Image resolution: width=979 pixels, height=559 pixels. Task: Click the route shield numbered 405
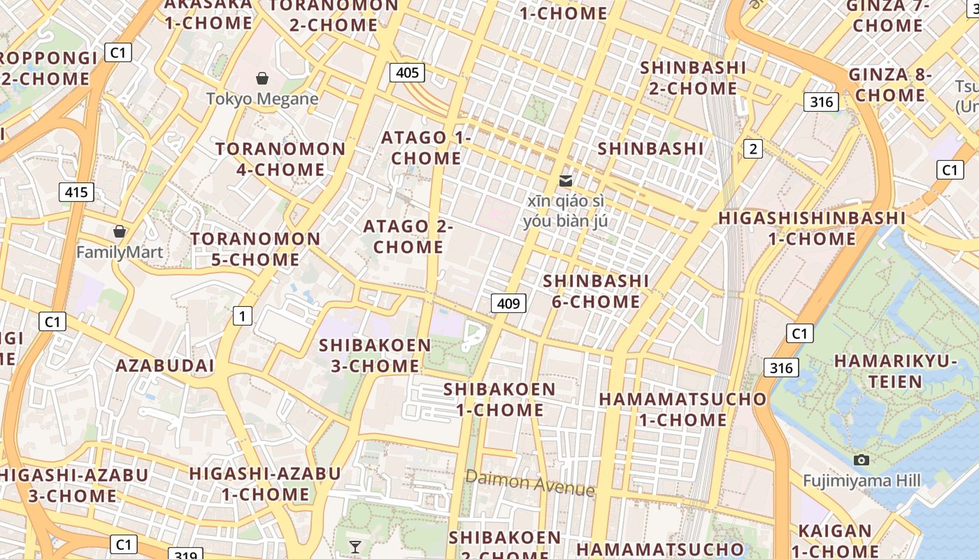coord(407,72)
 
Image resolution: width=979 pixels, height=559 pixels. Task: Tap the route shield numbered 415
coord(76,192)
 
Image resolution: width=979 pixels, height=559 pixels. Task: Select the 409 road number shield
coord(508,303)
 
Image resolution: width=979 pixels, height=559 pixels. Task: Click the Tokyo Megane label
coord(262,99)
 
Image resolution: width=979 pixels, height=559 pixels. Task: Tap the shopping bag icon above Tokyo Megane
coord(262,78)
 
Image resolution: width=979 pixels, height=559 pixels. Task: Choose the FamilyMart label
coord(120,252)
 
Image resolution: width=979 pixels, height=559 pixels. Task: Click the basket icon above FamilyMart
coord(120,231)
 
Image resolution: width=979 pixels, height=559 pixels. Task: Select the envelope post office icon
coord(566,181)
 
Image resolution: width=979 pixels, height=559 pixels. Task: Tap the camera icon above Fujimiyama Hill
coord(862,460)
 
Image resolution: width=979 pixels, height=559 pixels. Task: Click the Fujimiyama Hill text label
coord(862,481)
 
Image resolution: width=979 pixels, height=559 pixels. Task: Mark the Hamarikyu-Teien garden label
coord(896,371)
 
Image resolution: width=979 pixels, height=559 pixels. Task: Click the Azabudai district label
coord(165,365)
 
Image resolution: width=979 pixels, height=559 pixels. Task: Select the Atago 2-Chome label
coord(408,236)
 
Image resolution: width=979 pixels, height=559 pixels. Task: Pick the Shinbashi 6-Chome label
coord(596,291)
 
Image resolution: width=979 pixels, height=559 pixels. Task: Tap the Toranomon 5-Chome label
coord(255,249)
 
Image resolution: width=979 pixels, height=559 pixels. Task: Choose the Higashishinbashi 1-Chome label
coord(812,228)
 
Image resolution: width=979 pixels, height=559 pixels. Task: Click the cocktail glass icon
coord(355,546)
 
